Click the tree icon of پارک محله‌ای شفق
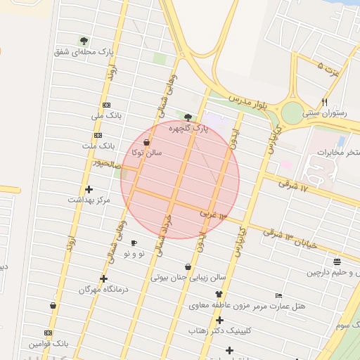click(x=84, y=41)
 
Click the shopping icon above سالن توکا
click(x=146, y=142)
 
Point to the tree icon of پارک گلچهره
click(x=188, y=117)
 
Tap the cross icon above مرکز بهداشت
click(x=89, y=189)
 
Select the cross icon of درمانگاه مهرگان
click(x=103, y=278)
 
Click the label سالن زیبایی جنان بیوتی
click(x=188, y=277)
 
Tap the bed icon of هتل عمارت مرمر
click(x=278, y=296)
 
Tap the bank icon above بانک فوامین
click(x=49, y=333)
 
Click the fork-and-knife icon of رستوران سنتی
click(x=324, y=101)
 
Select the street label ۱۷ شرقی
click(x=293, y=184)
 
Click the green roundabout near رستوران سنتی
click(x=291, y=112)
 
